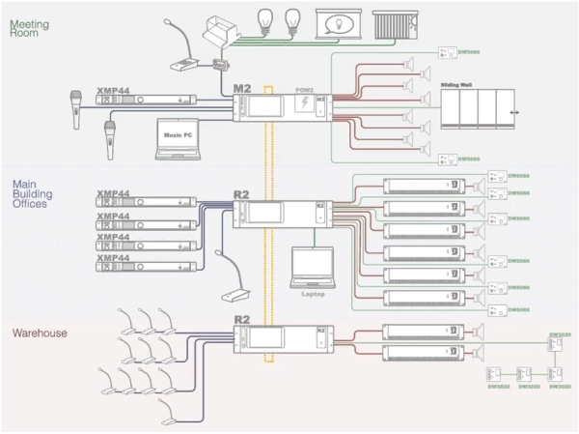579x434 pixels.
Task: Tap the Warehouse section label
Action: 40,333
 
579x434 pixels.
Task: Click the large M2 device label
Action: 241,89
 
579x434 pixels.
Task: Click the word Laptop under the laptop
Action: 312,294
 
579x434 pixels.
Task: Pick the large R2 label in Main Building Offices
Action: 242,193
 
